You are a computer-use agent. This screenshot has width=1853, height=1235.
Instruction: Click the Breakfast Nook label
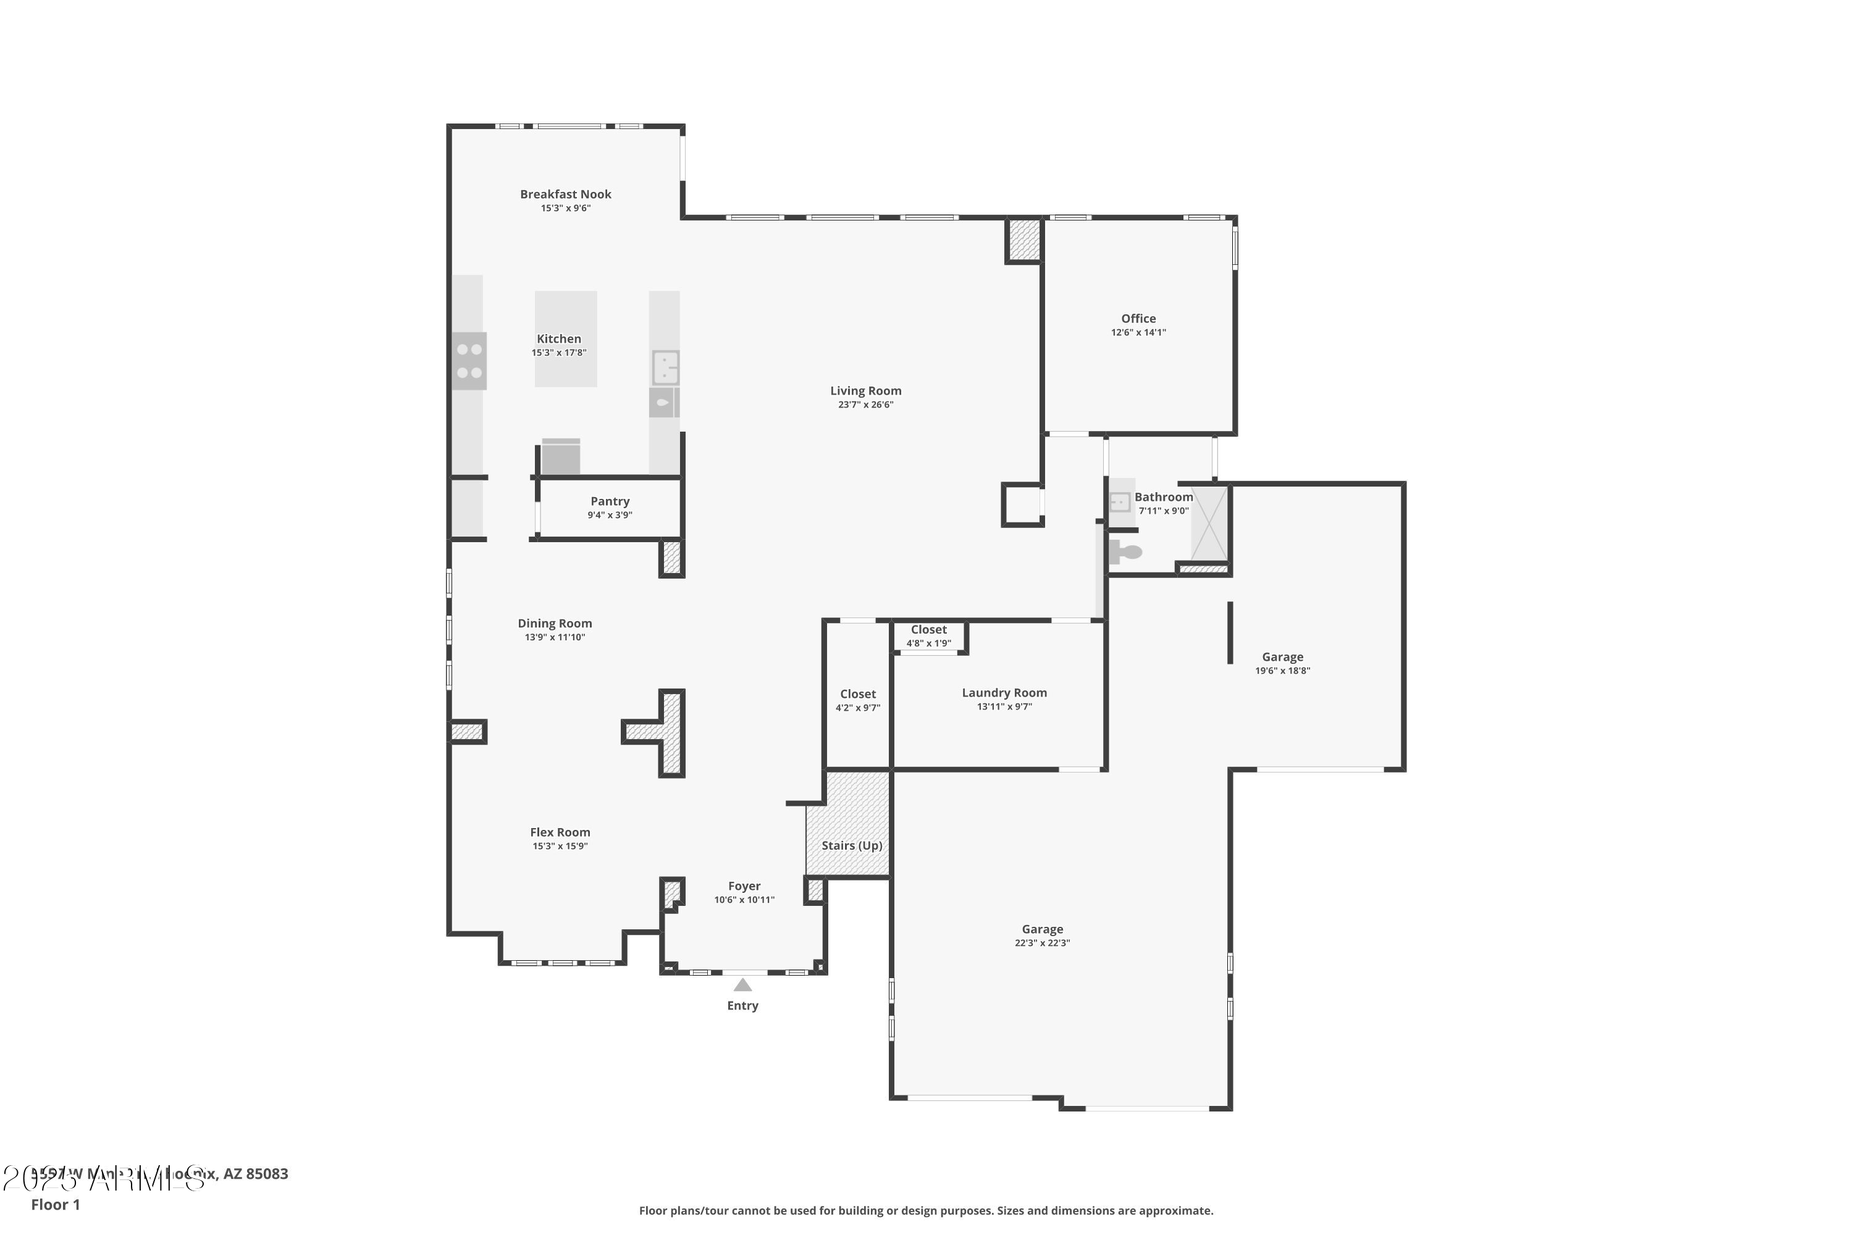click(x=565, y=194)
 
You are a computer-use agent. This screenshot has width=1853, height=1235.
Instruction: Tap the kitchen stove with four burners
click(x=469, y=361)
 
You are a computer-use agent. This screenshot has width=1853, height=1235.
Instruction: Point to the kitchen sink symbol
click(x=665, y=367)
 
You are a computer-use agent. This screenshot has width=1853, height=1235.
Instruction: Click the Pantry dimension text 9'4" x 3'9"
click(x=609, y=515)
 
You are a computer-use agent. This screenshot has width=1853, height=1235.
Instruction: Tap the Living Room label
click(x=865, y=391)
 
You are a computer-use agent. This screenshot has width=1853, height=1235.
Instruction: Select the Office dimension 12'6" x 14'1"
click(x=1138, y=332)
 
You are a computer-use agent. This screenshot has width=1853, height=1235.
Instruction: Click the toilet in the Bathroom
click(x=1125, y=551)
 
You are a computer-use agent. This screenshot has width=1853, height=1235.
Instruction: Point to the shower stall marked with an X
click(x=1209, y=524)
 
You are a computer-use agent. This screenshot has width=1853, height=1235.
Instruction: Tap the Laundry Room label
click(x=1004, y=693)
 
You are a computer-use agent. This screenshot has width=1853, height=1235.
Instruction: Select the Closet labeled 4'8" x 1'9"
click(x=928, y=635)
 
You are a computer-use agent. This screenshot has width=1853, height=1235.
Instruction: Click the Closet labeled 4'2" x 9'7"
click(x=857, y=700)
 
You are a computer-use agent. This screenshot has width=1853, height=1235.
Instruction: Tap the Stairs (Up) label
click(x=851, y=845)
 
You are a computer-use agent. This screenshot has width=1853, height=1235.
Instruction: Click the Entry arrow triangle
click(x=742, y=984)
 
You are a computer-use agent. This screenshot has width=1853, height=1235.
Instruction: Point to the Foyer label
click(x=744, y=886)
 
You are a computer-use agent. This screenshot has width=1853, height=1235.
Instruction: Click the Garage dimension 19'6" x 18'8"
click(x=1282, y=671)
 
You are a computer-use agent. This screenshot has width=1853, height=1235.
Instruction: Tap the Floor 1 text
click(x=55, y=1204)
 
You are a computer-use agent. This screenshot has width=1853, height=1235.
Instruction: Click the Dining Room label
click(x=554, y=623)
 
